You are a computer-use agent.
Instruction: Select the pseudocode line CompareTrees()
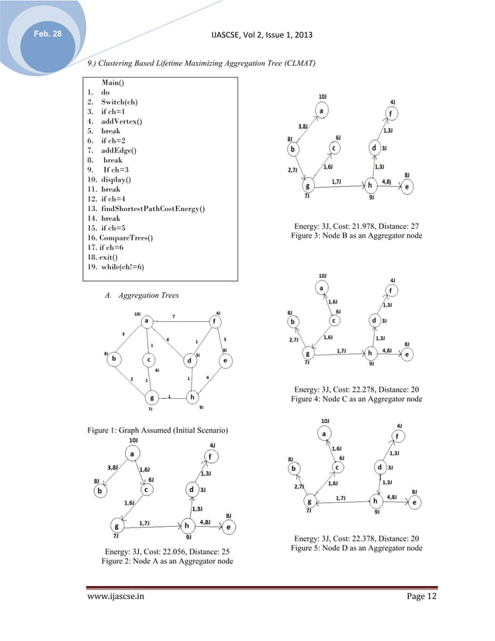tap(122, 237)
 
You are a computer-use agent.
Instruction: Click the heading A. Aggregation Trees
tap(140, 296)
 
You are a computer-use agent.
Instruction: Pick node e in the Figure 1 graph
tap(224, 360)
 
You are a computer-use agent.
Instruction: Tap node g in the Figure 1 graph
tap(151, 397)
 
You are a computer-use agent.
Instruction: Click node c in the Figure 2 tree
tap(145, 490)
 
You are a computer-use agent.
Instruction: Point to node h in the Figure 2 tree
tap(187, 525)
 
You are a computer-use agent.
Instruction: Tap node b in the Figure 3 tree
tap(292, 148)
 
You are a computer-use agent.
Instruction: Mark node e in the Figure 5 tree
tap(415, 502)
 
